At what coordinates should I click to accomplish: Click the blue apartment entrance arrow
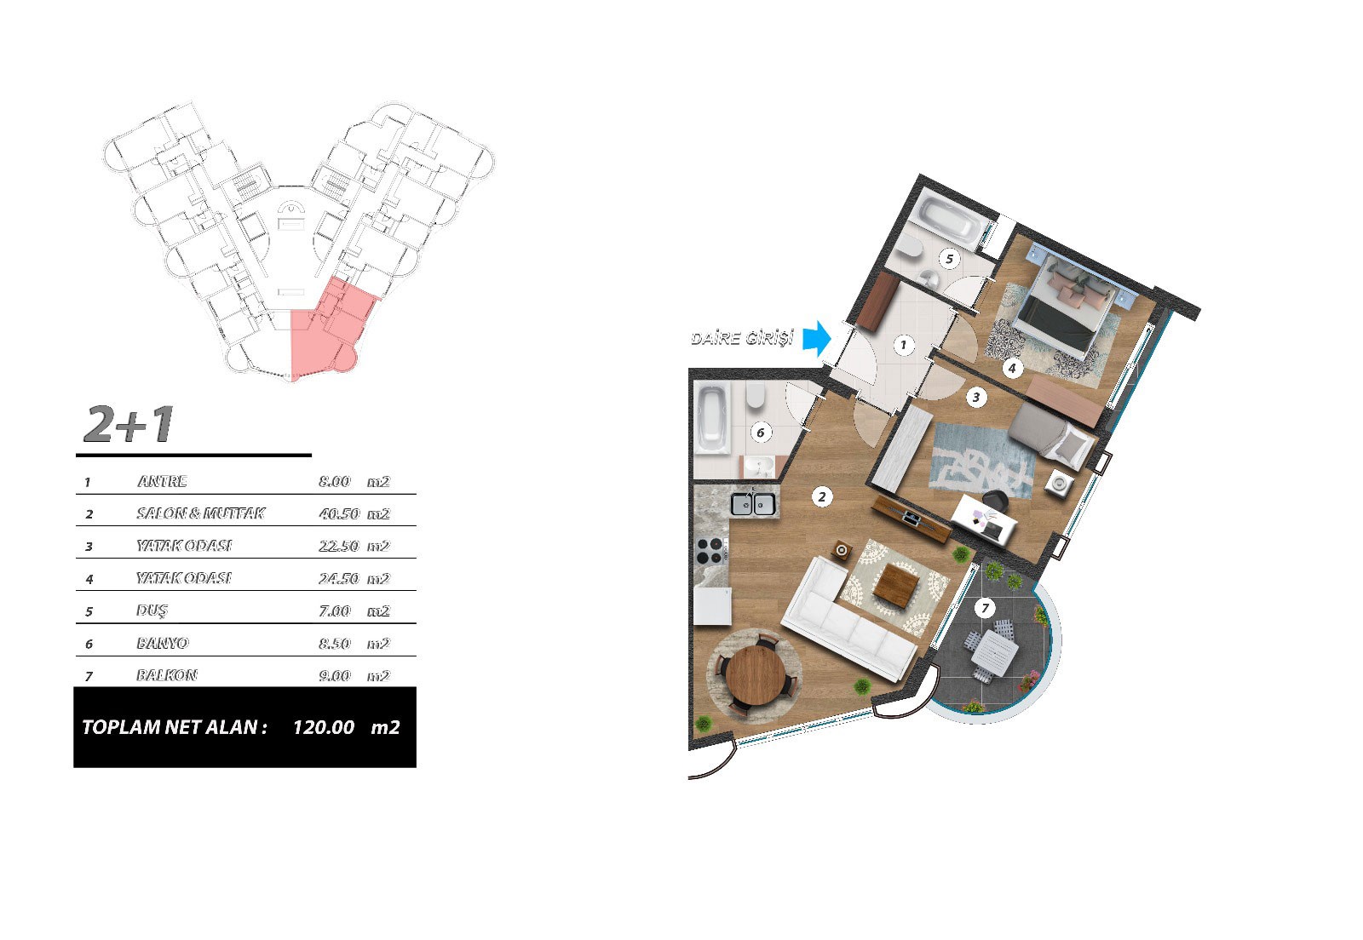pyautogui.click(x=817, y=338)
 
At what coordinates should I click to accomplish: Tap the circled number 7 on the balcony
pyautogui.click(x=985, y=607)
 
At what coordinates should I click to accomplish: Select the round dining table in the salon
pyautogui.click(x=756, y=674)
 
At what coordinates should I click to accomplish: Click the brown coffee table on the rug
pyautogui.click(x=896, y=584)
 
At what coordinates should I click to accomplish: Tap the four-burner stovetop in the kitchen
pyautogui.click(x=711, y=551)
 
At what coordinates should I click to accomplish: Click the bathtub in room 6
pyautogui.click(x=712, y=418)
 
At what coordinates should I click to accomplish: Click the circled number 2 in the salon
pyautogui.click(x=821, y=496)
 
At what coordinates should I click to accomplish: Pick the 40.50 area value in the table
pyautogui.click(x=339, y=513)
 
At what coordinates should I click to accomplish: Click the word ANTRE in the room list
pyautogui.click(x=162, y=482)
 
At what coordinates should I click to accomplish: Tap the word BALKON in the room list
pyautogui.click(x=167, y=675)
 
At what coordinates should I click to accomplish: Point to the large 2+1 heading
pyautogui.click(x=129, y=424)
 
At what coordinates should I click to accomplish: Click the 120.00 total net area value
pyautogui.click(x=324, y=727)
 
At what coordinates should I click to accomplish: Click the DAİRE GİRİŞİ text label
pyautogui.click(x=742, y=337)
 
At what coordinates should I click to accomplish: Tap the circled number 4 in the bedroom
pyautogui.click(x=1012, y=368)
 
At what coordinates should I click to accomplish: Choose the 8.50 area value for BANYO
pyautogui.click(x=335, y=644)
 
